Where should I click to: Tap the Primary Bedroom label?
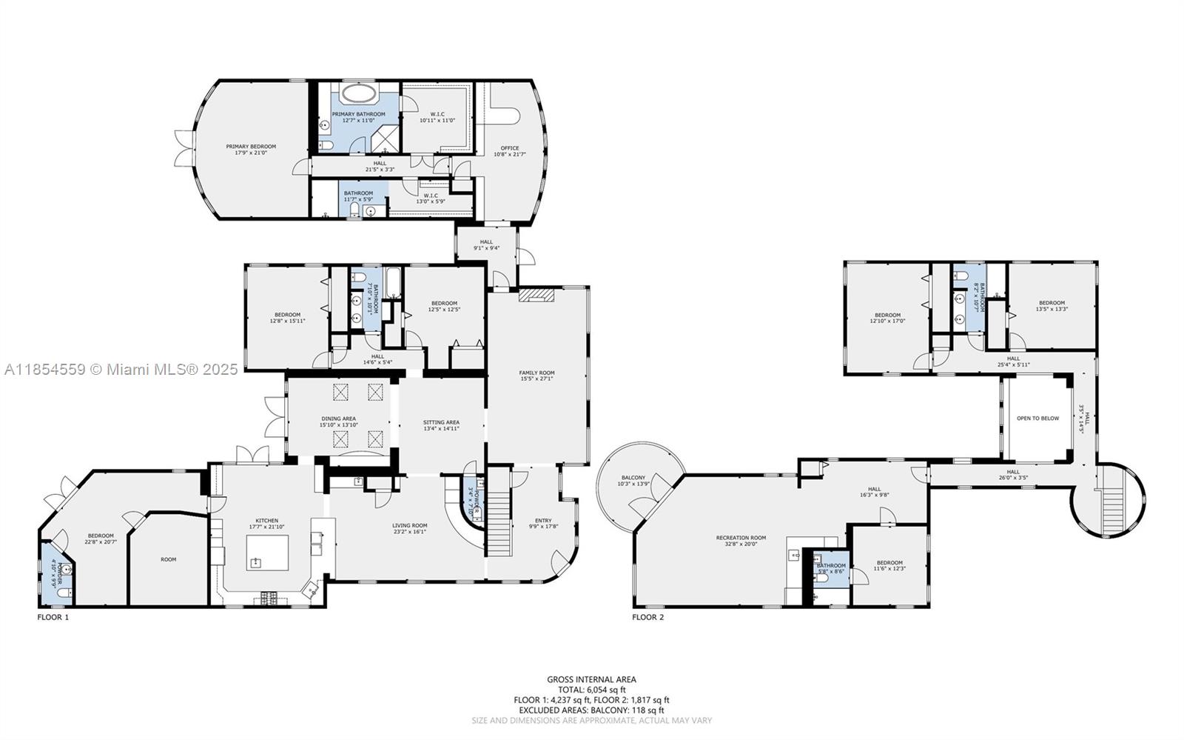251,147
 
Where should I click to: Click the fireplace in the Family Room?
536,296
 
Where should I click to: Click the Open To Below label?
1037,419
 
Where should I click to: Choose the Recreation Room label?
741,538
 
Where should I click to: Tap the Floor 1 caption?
53,616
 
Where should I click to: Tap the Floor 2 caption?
647,616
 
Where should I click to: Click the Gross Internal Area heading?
591,679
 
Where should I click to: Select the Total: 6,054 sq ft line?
591,690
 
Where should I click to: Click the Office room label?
509,148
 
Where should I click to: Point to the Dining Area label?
338,419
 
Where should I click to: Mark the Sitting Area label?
441,422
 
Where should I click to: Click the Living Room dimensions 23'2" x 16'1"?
410,532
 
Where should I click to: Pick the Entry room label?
543,521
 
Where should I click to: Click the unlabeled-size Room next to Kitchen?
169,559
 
